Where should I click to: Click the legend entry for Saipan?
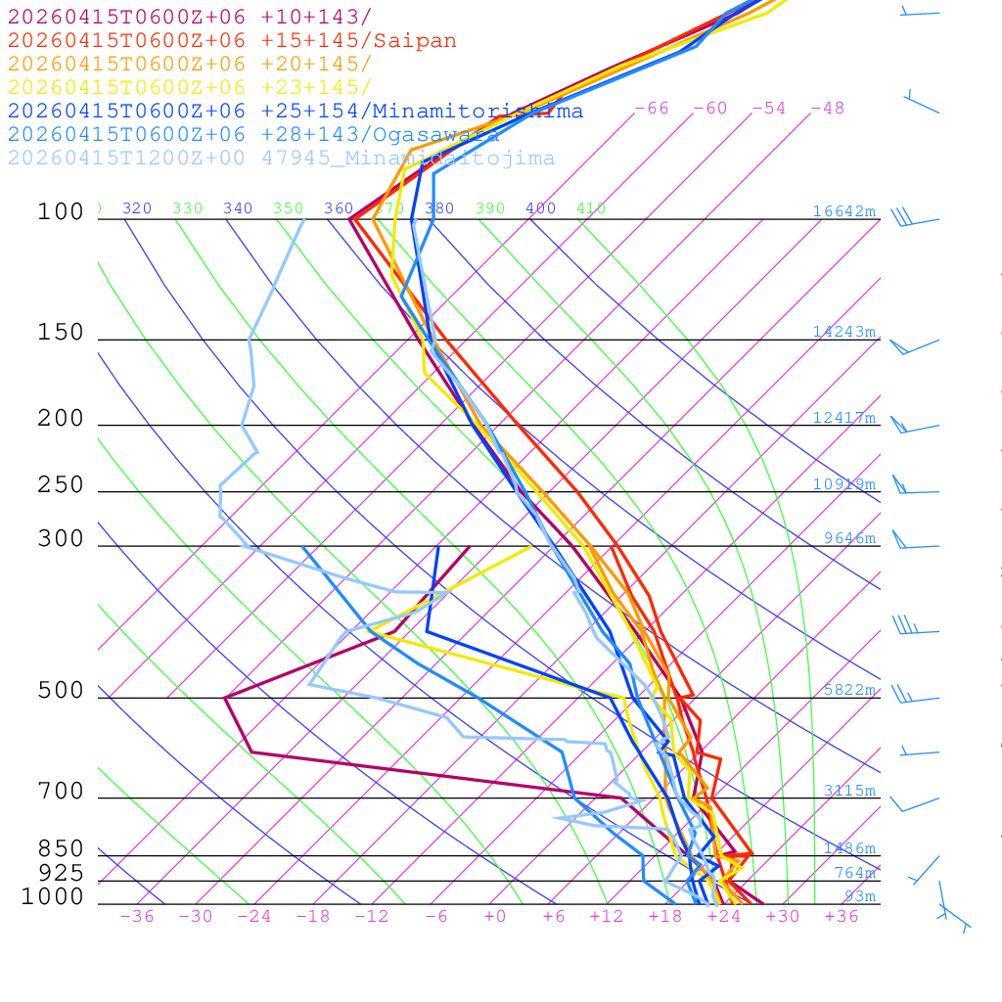click(x=232, y=41)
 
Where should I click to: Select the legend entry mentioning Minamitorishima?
click(x=295, y=112)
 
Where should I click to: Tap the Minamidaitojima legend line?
click(x=281, y=159)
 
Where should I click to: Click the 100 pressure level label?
click(x=61, y=212)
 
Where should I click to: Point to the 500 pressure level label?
click(x=61, y=691)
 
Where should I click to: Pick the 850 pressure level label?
click(x=61, y=849)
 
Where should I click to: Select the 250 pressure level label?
click(x=61, y=485)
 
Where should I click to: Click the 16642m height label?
click(x=843, y=211)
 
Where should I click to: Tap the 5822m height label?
click(x=849, y=690)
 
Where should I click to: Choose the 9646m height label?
click(x=849, y=538)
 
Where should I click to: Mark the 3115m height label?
click(x=849, y=791)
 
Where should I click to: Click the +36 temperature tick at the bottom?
click(x=841, y=917)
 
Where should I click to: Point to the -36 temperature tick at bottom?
click(x=136, y=917)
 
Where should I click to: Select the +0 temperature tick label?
click(x=495, y=917)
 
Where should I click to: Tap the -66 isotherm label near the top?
click(x=652, y=109)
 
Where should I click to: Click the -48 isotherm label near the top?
click(x=828, y=109)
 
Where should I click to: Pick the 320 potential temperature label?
click(x=137, y=208)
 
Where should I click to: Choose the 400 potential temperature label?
click(x=540, y=208)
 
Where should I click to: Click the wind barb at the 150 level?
click(x=912, y=345)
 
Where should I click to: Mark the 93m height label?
click(x=860, y=896)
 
